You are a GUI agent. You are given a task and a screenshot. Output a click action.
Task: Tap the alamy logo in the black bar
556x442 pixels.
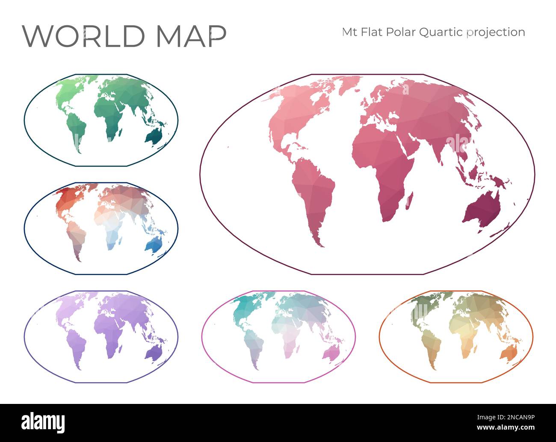pyautogui.click(x=43, y=423)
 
